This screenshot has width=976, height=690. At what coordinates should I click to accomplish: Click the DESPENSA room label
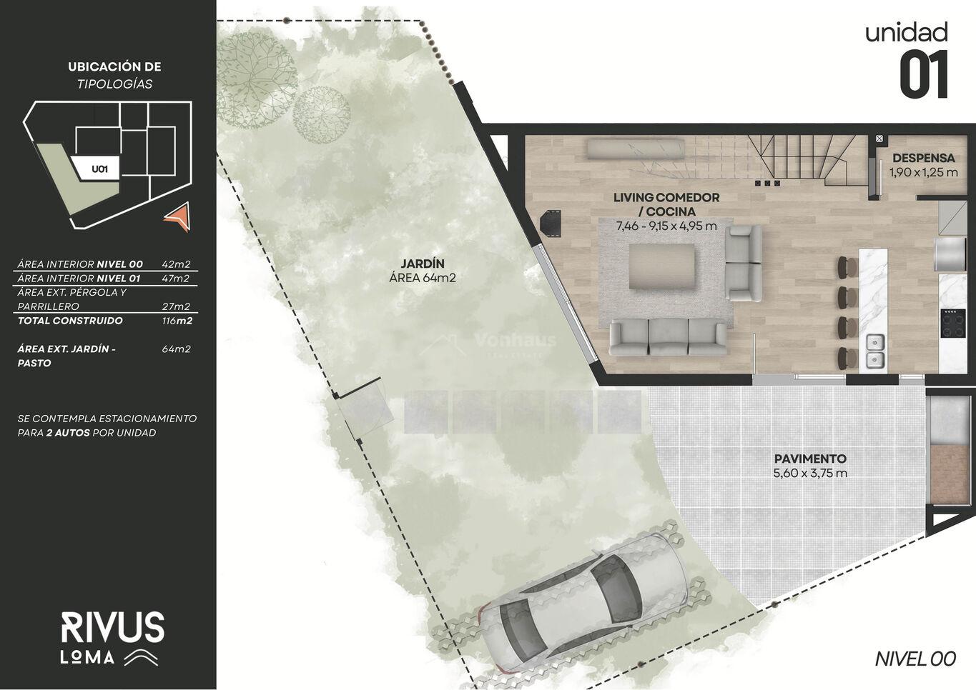(923, 158)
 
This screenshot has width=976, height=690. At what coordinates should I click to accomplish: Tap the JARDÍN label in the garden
(423, 264)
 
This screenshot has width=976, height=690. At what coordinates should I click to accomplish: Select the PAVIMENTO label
(810, 459)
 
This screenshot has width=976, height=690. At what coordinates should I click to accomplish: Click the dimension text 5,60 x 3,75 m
(810, 473)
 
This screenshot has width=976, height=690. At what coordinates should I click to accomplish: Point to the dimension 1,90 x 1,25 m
(924, 172)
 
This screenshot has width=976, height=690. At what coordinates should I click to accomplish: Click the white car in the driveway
(583, 606)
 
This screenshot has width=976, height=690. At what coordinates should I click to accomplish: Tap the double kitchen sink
(875, 350)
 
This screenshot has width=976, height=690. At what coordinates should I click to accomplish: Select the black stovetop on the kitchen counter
(953, 323)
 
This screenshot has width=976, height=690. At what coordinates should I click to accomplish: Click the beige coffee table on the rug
(661, 266)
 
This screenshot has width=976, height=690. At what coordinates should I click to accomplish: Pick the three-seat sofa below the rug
(668, 338)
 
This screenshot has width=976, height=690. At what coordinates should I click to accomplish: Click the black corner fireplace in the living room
(551, 224)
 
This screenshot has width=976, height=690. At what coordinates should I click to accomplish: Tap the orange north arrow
(179, 216)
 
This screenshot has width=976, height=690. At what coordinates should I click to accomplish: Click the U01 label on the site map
(100, 169)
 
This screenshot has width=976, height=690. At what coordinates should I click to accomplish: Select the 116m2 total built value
(177, 321)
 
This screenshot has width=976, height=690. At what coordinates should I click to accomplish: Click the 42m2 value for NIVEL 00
(176, 264)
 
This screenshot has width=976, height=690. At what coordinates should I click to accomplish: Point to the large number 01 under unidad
(923, 74)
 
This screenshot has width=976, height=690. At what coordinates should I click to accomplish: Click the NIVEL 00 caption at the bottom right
(915, 659)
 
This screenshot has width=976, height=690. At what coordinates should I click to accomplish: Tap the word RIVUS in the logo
(112, 627)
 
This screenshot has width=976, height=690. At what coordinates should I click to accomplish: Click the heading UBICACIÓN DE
(114, 66)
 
